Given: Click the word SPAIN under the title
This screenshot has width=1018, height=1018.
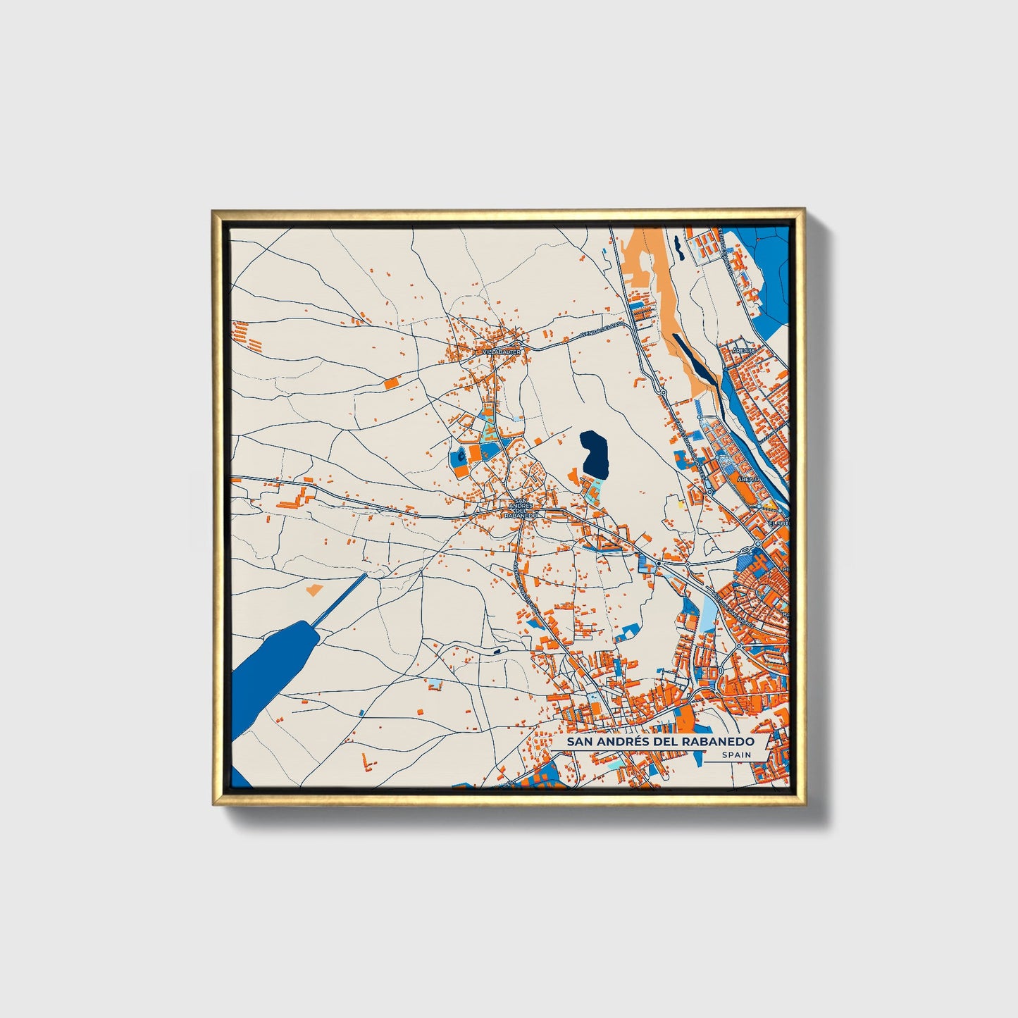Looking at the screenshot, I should tap(735, 755).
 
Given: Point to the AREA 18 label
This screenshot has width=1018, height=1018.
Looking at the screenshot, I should tap(744, 350).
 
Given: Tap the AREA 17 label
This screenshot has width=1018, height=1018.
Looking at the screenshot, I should tap(747, 478).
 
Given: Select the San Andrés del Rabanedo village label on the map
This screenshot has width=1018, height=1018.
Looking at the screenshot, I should tap(521, 509).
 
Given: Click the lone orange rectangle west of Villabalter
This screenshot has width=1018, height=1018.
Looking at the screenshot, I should tap(391, 383).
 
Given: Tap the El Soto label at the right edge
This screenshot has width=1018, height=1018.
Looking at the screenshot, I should tap(779, 523).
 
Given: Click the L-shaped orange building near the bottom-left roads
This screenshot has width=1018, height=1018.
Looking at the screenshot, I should tap(366, 762).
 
